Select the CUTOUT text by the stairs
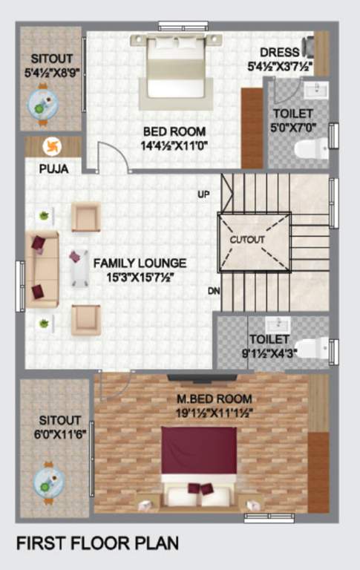tap(246, 240)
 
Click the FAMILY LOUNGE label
tap(140, 263)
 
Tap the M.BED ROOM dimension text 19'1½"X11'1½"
tap(210, 412)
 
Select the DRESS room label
tap(280, 53)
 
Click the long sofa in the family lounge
tap(42, 269)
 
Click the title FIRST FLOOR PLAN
tap(97, 543)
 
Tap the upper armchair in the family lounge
tap(85, 217)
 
